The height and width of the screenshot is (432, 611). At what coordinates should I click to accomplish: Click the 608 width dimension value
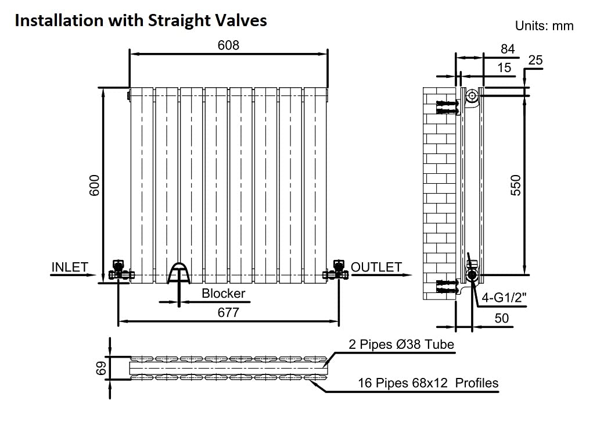point(228,45)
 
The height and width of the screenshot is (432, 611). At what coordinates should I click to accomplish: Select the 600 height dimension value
point(95,185)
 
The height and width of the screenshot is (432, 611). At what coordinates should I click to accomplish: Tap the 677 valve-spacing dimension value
point(228,313)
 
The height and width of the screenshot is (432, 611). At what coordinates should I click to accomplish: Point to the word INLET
point(70,267)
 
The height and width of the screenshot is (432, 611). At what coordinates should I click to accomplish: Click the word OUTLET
point(376,267)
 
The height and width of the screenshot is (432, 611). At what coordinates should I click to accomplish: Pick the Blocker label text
point(223,293)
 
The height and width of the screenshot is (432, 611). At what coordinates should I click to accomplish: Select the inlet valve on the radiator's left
point(120,270)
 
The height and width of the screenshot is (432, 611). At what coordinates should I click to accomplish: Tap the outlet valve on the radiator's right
point(336,270)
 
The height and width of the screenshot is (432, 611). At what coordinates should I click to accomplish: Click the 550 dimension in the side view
point(516,185)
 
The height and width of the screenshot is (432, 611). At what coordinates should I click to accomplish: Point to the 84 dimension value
point(508,49)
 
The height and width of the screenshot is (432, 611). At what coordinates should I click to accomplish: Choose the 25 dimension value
point(535,60)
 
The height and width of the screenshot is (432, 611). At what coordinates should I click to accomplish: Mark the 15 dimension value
point(504,67)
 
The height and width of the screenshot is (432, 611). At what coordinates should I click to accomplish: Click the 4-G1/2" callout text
point(504,298)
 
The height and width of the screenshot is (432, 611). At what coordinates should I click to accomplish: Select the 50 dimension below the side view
point(501,319)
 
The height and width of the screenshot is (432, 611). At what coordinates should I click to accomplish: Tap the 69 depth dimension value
point(101,368)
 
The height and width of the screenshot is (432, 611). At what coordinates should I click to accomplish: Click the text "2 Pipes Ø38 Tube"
point(401,344)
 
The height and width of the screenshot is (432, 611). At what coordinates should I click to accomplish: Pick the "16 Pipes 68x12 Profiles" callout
point(428,383)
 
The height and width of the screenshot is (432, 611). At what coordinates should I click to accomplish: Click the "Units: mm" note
point(544,26)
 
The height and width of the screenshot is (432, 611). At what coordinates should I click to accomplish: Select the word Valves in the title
point(241,20)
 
